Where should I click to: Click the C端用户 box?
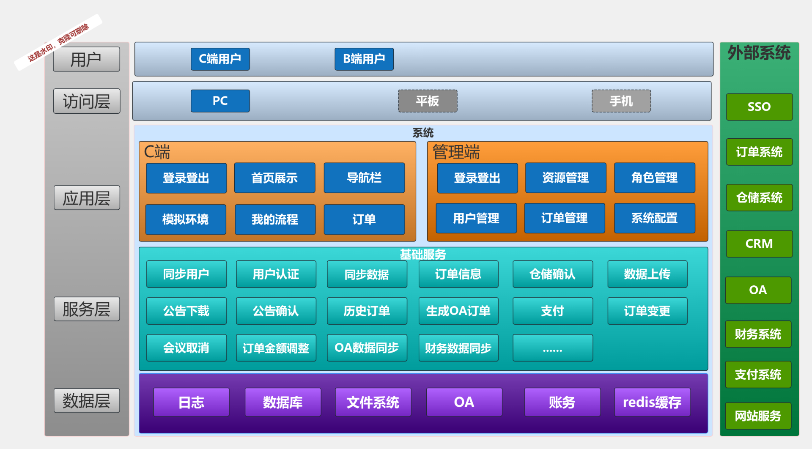pyautogui.click(x=220, y=59)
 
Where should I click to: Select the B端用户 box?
pyautogui.click(x=364, y=59)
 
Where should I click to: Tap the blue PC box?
pyautogui.click(x=220, y=101)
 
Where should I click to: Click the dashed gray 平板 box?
pyautogui.click(x=428, y=101)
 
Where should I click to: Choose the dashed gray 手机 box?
pyautogui.click(x=621, y=101)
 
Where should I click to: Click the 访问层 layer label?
pyautogui.click(x=87, y=101)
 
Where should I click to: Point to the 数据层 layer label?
pyautogui.click(x=87, y=400)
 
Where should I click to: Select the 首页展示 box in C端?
pyautogui.click(x=274, y=178)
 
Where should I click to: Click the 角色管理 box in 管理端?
pyautogui.click(x=654, y=178)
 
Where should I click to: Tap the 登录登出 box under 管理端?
pyautogui.click(x=477, y=178)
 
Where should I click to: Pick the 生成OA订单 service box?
pyautogui.click(x=458, y=311)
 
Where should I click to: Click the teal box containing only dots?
pyautogui.click(x=552, y=348)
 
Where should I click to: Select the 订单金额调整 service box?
pyautogui.click(x=276, y=348)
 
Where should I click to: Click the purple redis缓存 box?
pyautogui.click(x=652, y=402)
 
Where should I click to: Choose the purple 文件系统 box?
pyautogui.click(x=373, y=402)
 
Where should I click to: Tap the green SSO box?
pyautogui.click(x=759, y=107)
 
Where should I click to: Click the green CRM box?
pyautogui.click(x=759, y=244)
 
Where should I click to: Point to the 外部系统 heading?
pyautogui.click(x=759, y=53)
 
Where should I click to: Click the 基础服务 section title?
pyautogui.click(x=423, y=254)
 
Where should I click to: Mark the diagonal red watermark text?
pyautogui.click(x=58, y=42)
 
